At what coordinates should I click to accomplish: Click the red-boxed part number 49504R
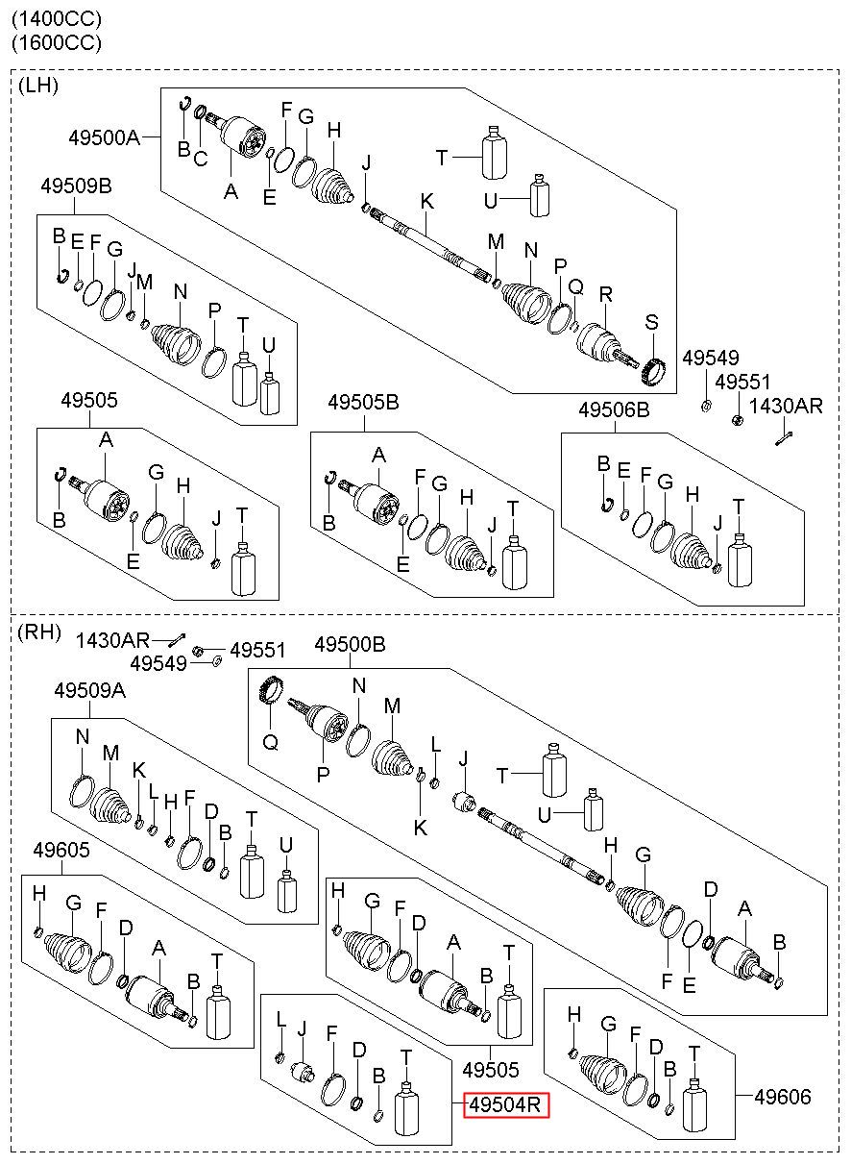coord(504,1104)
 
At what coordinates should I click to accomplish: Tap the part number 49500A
coord(105,137)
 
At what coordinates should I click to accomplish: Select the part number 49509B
coord(76,186)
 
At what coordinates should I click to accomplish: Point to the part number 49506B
coord(614,410)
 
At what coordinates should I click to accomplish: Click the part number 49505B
coord(363,402)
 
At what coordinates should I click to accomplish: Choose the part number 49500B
coord(350,645)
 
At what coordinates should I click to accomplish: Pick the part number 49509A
coord(90,690)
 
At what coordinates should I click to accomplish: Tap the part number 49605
coord(61,850)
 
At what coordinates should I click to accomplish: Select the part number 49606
coord(783,1097)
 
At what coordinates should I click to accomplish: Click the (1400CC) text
coord(57,19)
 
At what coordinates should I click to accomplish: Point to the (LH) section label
coord(38,86)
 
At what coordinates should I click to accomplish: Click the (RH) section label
coord(39,632)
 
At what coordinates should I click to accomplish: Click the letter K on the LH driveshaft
coord(426,202)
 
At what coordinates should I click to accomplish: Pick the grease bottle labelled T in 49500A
coord(495,152)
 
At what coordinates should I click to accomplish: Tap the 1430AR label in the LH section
coord(786,406)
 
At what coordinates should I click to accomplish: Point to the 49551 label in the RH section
coord(257,650)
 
